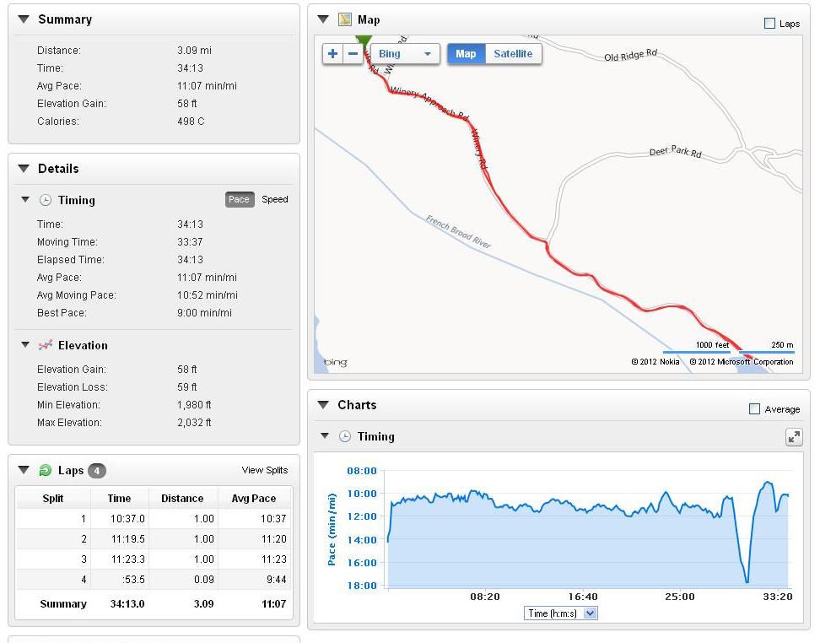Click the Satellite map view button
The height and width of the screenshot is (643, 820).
[513, 54]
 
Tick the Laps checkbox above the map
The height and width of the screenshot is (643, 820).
[769, 24]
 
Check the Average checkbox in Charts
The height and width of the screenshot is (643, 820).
[754, 409]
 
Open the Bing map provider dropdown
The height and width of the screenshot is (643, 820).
[405, 54]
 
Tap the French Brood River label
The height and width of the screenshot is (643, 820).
[457, 231]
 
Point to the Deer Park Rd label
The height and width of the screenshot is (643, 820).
[675, 153]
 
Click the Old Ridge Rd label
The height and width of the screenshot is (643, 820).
[630, 56]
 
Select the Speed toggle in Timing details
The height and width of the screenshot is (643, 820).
[275, 200]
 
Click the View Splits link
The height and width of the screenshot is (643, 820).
[265, 471]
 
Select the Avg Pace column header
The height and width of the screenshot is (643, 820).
[254, 499]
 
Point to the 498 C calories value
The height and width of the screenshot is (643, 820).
[191, 122]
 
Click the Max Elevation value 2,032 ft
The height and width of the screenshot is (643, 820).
[194, 423]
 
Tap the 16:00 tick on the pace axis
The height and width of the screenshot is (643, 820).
[362, 563]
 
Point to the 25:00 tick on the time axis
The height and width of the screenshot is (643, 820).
[679, 597]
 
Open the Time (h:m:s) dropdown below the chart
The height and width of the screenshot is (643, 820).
[560, 613]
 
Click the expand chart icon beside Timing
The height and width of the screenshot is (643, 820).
[794, 436]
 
